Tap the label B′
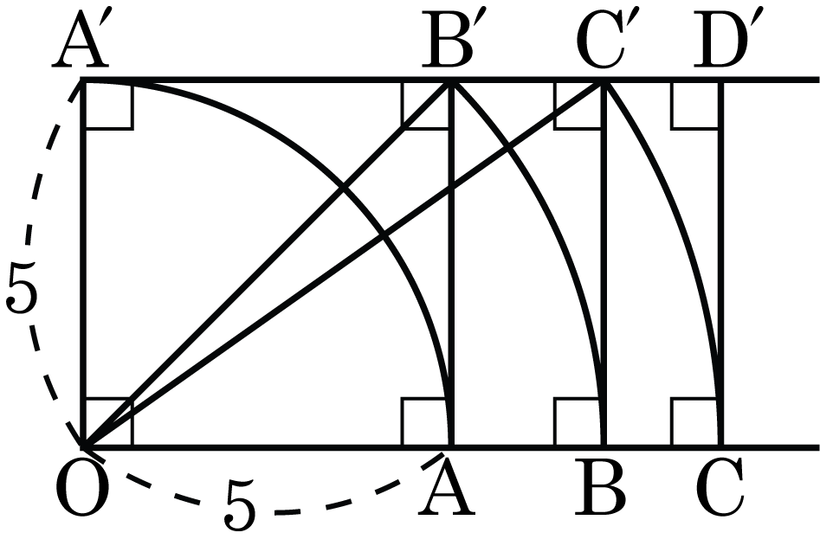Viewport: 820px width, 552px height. [448, 42]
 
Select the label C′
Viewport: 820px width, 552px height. [602, 42]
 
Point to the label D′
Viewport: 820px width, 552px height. [721, 42]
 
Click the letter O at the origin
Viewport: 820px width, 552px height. [82, 489]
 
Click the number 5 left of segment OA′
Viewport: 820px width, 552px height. [22, 287]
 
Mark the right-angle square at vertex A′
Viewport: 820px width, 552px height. [107, 104]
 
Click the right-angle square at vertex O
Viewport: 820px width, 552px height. [107, 423]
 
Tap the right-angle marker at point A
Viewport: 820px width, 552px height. [427, 423]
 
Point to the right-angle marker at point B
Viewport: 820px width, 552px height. [579, 423]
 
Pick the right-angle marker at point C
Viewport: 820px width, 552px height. [696, 423]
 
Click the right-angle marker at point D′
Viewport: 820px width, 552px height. [696, 104]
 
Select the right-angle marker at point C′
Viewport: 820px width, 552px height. [579, 104]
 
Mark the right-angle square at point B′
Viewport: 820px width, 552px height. [427, 104]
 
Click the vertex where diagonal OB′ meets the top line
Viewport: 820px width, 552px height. [449, 80]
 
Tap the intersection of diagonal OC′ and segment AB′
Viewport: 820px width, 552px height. [452, 187]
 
